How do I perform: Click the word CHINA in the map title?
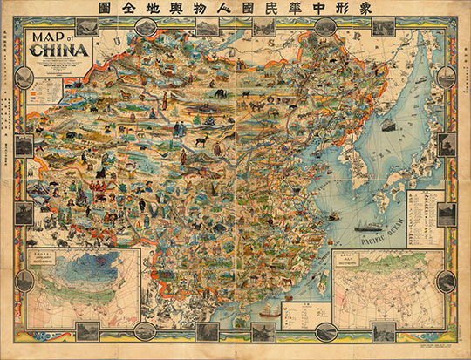(58, 48)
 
